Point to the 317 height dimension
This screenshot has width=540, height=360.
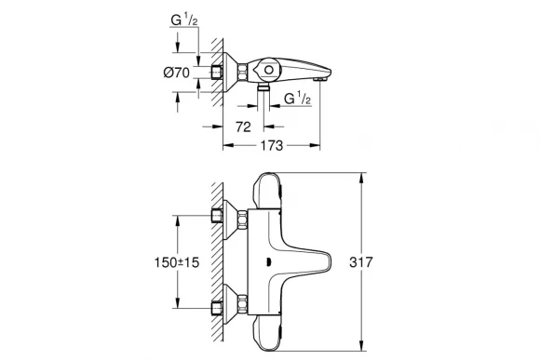[x=375, y=262]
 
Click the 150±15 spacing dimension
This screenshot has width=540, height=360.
[x=153, y=262]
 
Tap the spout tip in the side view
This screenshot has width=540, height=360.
[x=322, y=81]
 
